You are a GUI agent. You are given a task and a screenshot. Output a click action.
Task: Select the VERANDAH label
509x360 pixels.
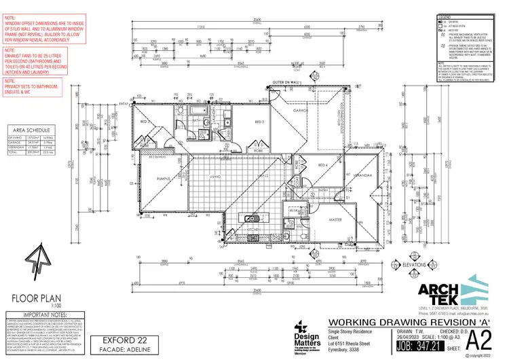364,175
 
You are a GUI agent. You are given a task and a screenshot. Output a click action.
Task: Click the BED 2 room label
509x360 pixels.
259,122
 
